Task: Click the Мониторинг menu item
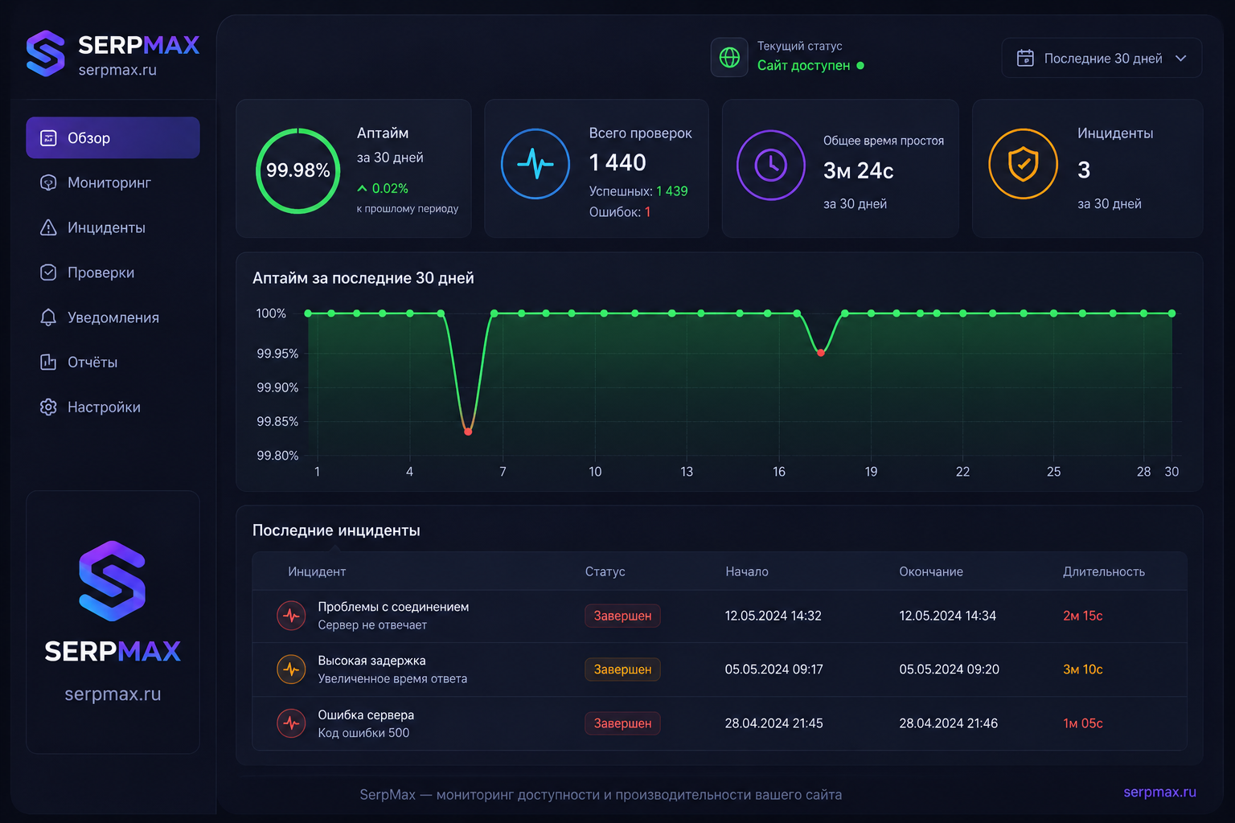109,182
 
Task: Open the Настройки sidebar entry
104,407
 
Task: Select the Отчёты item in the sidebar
92,362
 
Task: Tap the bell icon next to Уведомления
48,317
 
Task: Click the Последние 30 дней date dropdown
1101,58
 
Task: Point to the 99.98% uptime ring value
297,170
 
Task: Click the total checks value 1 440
617,162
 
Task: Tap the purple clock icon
771,165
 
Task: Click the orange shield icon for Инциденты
1023,164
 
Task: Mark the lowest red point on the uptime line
467,432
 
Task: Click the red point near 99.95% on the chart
820,353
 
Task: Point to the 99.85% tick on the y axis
277,422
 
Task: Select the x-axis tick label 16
778,472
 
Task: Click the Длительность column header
1104,571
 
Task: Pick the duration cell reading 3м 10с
1082,669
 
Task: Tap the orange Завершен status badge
622,669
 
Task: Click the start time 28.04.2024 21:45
773,723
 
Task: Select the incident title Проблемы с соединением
393,607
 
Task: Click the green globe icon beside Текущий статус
729,57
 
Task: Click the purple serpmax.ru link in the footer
1159,792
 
